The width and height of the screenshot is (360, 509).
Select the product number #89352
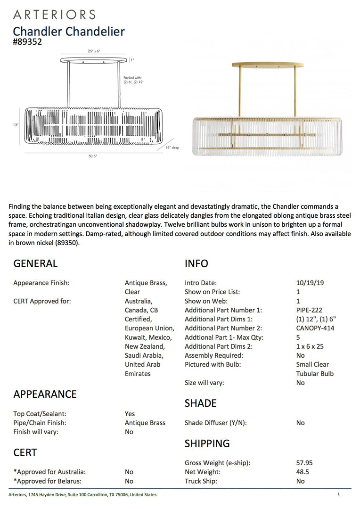pyautogui.click(x=27, y=42)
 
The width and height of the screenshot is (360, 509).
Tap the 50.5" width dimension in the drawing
pyautogui.click(x=92, y=156)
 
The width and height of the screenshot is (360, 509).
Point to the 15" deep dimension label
pyautogui.click(x=172, y=148)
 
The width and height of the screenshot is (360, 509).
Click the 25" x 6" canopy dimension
pyautogui.click(x=94, y=50)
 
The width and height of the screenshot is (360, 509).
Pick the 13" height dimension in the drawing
pyautogui.click(x=16, y=125)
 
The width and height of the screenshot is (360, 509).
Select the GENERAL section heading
pyautogui.click(x=35, y=264)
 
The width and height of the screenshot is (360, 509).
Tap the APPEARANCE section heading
pyautogui.click(x=45, y=394)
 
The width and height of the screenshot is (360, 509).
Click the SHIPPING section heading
pyautogui.click(x=207, y=443)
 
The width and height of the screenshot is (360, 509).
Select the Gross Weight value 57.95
pyautogui.click(x=304, y=463)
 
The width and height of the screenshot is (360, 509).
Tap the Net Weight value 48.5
pyautogui.click(x=302, y=472)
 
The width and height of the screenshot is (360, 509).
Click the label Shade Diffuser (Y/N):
pyautogui.click(x=215, y=423)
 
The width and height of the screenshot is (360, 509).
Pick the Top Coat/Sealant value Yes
pyautogui.click(x=130, y=414)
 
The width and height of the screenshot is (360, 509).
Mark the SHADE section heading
pyautogui.click(x=201, y=403)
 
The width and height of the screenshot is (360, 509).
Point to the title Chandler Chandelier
pyautogui.click(x=69, y=32)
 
